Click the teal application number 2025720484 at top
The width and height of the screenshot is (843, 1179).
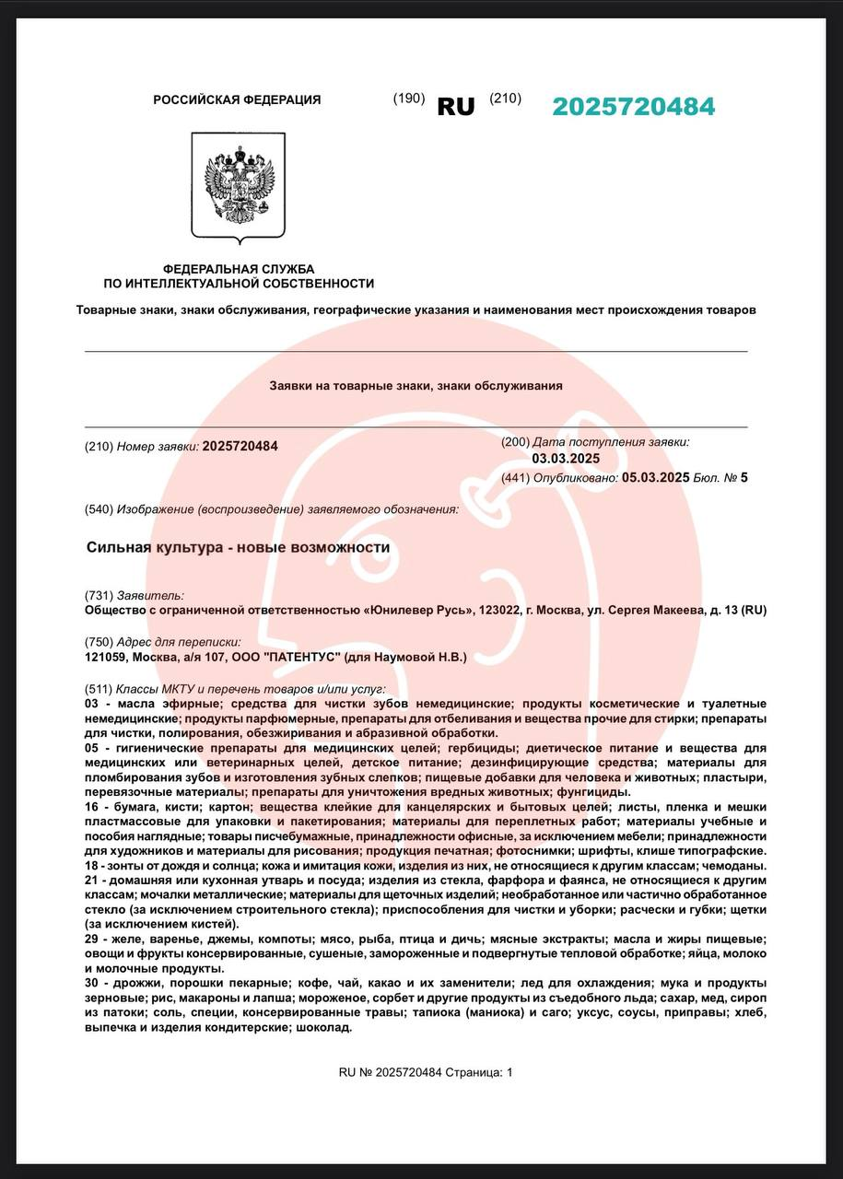coord(633,107)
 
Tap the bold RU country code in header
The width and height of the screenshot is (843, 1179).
coord(456,107)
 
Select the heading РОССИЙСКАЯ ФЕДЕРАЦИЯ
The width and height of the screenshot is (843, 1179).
coord(237,99)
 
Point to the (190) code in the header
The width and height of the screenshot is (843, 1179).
coord(409,99)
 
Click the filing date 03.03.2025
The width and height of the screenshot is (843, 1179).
coord(566,459)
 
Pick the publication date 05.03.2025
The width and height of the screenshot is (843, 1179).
coord(655,477)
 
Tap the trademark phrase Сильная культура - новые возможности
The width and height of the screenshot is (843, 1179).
coord(238,547)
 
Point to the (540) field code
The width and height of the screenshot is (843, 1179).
coord(99,508)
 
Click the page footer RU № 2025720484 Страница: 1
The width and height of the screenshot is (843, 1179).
coord(425,1072)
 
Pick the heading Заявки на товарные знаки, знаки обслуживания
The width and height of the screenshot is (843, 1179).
coord(416,386)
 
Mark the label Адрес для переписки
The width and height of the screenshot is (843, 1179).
coord(179,642)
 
